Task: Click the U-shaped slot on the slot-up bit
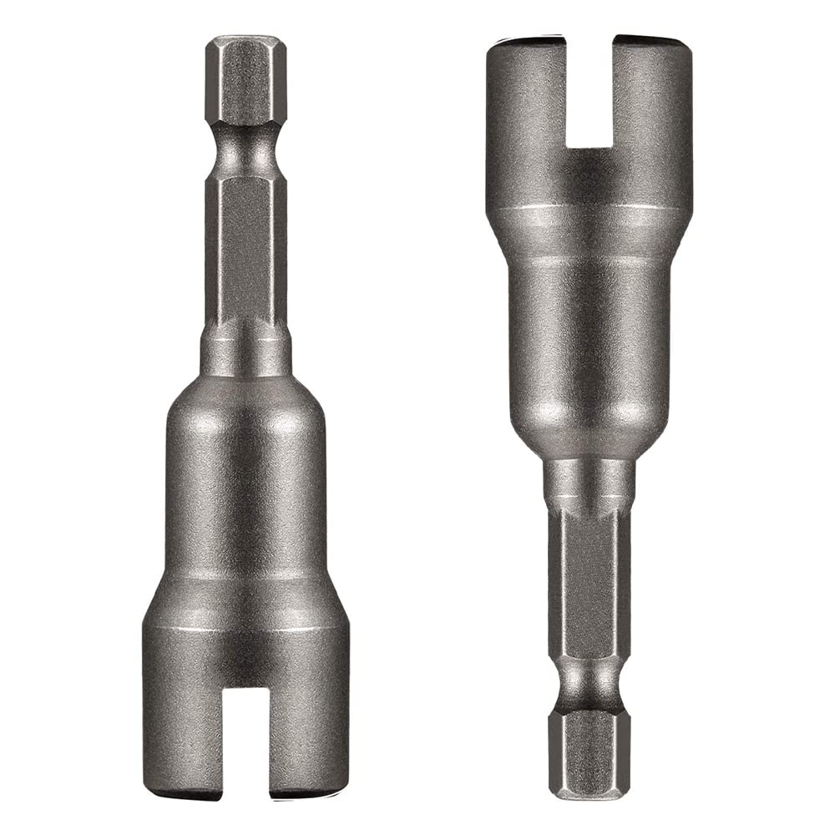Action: coord(589,92)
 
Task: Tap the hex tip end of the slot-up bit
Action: coord(589,756)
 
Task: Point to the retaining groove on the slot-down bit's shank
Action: coord(245,150)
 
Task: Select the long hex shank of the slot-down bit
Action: coord(245,250)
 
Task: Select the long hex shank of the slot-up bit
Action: coord(589,584)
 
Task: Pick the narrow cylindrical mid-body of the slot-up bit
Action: coord(589,334)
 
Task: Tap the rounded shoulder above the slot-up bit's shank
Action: coord(589,438)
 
